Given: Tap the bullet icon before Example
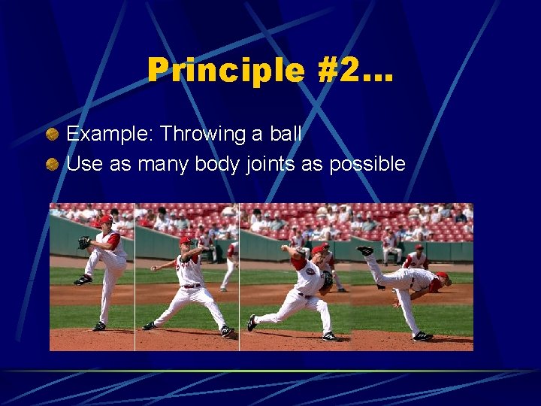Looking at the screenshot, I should click(x=53, y=135).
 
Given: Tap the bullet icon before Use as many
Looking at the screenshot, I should click(x=53, y=164).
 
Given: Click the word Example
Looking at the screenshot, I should click(x=110, y=135).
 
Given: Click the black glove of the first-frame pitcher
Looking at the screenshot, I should click(x=84, y=242).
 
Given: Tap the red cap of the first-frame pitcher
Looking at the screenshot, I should click(x=105, y=220).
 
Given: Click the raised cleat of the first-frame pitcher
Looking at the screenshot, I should click(x=83, y=280).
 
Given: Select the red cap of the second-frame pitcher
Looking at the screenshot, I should click(x=186, y=241).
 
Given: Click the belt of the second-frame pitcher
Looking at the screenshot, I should click(x=191, y=286).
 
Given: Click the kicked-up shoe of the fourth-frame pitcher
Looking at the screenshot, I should click(x=365, y=250).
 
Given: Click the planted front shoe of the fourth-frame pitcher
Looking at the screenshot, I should click(x=422, y=335).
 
